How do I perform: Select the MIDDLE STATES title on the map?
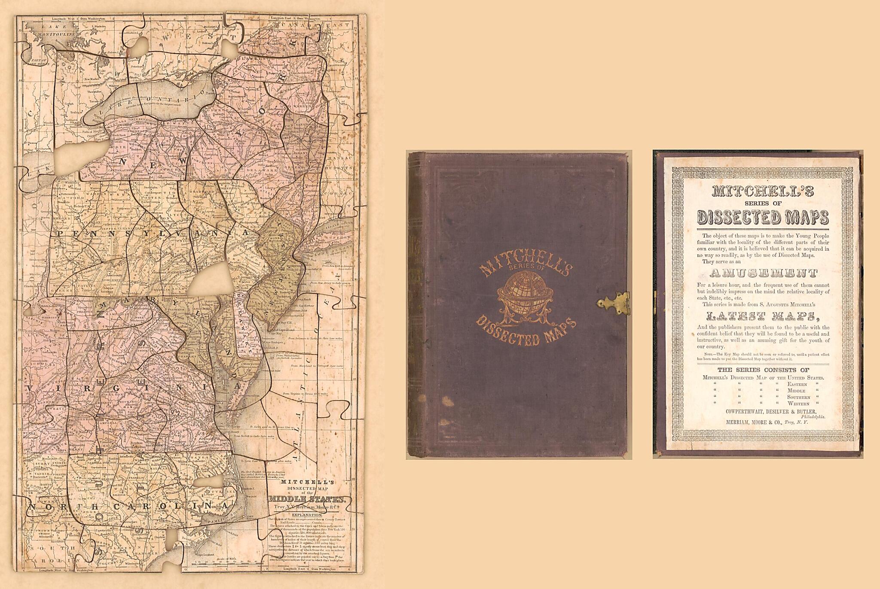click(x=307, y=499)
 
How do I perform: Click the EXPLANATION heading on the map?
click(x=306, y=514)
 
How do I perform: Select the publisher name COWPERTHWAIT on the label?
click(x=748, y=411)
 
